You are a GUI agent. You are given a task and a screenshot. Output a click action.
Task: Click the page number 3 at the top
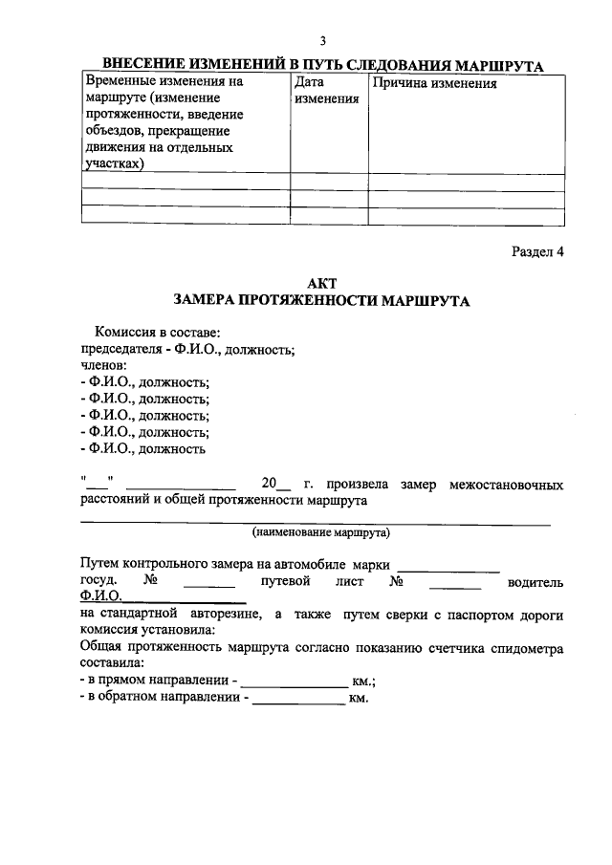pyautogui.click(x=323, y=40)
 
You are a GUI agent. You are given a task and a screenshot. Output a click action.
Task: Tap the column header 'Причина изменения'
pyautogui.click(x=435, y=83)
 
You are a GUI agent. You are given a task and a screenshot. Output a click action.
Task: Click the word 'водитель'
pyautogui.click(x=535, y=581)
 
